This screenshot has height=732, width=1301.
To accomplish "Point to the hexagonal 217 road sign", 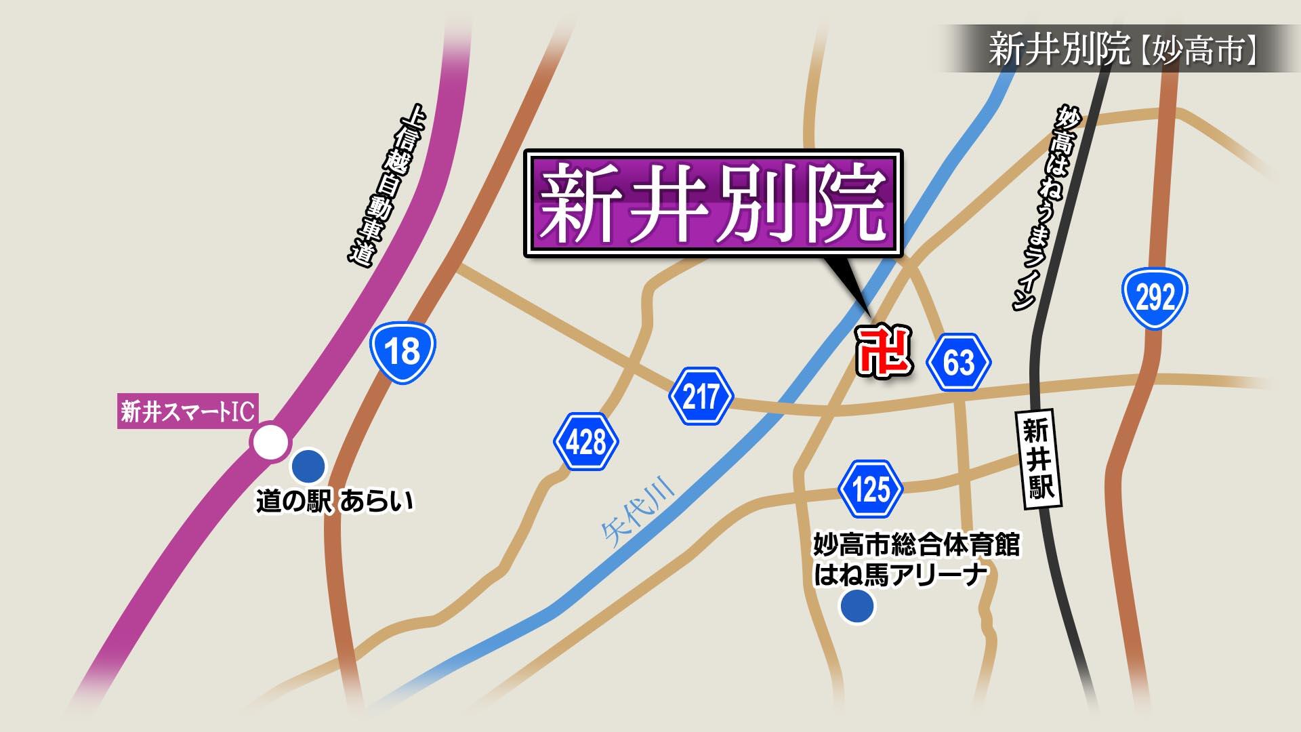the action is click(x=701, y=396).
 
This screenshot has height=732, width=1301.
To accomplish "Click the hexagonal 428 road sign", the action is click(x=586, y=443).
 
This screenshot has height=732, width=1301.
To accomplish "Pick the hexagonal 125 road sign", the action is click(x=871, y=489).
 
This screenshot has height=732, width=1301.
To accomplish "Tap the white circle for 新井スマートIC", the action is click(x=270, y=443).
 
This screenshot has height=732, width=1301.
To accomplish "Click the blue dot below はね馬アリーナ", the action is click(x=857, y=605).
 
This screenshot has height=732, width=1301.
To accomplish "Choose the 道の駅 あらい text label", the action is click(x=333, y=502).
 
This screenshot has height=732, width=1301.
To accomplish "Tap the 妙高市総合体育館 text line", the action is click(x=916, y=544).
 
